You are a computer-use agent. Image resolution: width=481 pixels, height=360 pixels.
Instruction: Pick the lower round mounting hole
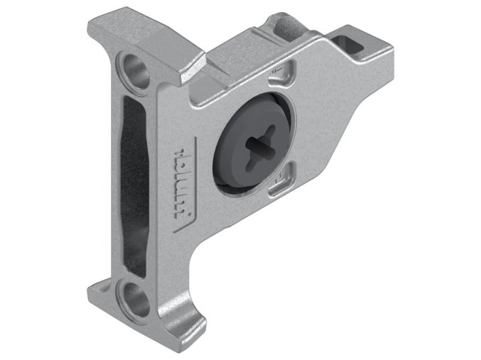coord(134,299)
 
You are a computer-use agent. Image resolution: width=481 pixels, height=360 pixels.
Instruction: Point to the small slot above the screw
coord(283,72)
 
